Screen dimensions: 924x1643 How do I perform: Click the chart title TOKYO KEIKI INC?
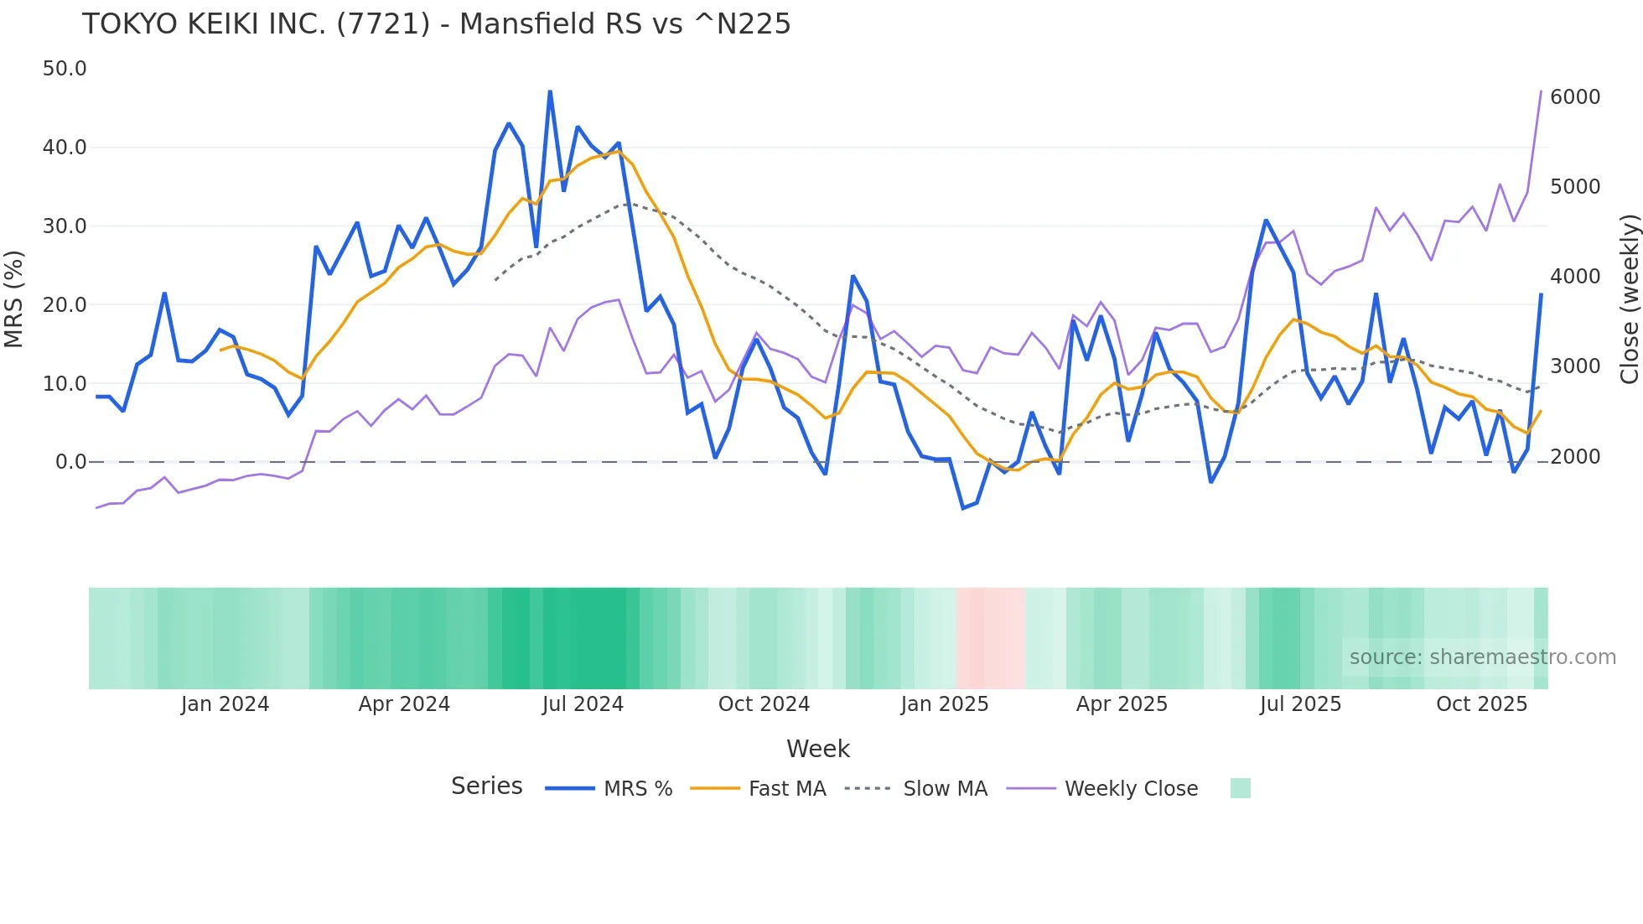[x=436, y=24]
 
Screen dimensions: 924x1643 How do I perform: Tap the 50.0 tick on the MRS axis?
[x=65, y=69]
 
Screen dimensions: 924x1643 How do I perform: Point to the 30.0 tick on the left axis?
[x=65, y=226]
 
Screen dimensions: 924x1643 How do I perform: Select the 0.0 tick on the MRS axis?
[x=70, y=462]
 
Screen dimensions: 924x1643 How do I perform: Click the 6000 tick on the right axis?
[x=1575, y=97]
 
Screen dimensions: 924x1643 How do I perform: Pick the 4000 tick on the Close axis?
[x=1575, y=277]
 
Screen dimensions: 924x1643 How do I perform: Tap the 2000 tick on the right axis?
[x=1575, y=457]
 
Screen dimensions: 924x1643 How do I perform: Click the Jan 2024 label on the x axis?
[x=225, y=704]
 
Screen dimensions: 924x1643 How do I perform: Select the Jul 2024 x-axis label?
[x=583, y=704]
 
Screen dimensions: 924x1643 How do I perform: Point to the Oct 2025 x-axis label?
[x=1481, y=704]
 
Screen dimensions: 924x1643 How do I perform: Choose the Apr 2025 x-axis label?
[x=1122, y=704]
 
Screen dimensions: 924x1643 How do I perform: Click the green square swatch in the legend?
[x=1240, y=788]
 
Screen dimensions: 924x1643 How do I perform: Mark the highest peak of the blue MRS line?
[x=550, y=91]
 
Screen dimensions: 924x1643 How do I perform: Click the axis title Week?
[x=818, y=749]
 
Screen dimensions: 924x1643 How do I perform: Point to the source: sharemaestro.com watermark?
[x=1482, y=657]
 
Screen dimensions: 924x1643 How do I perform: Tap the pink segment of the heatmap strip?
[x=991, y=638]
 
